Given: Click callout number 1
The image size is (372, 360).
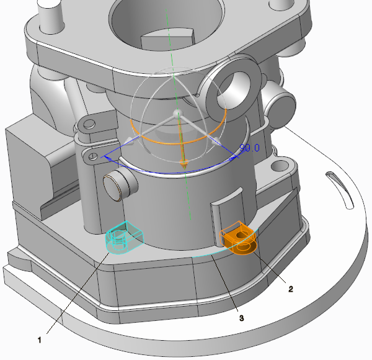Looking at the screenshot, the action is (40, 340).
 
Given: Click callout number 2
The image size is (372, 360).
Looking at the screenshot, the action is (291, 289).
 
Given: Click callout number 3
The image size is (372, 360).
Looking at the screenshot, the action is (242, 318).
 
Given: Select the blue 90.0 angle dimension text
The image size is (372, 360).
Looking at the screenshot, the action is (250, 148).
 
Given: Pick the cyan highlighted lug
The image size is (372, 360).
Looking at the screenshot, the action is (124, 238).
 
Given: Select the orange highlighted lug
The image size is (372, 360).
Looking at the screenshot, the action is (239, 238).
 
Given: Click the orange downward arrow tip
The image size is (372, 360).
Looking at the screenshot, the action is (185, 168).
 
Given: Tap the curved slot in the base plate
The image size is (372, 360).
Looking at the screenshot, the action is (340, 190).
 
